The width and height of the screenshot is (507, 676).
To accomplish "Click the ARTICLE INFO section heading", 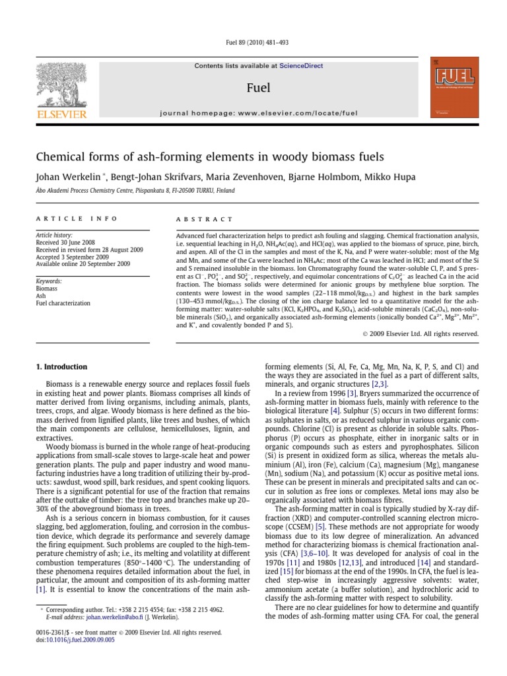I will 77,219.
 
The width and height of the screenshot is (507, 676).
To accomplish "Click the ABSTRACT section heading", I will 204,219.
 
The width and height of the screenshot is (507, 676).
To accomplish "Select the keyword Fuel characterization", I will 63,303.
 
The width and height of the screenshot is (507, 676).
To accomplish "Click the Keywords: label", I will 49,281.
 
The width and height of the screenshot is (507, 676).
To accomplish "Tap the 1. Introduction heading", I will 61,366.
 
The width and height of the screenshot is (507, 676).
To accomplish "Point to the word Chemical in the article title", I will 60,157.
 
